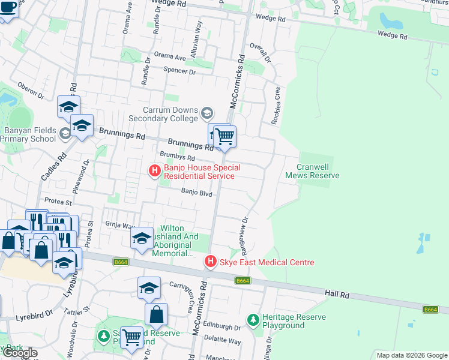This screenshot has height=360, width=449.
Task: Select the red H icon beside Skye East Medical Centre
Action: point(210,262)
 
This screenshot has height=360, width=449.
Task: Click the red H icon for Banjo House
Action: point(154,171)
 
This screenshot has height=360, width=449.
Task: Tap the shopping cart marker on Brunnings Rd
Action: point(224,137)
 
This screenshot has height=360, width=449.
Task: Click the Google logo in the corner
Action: point(20,353)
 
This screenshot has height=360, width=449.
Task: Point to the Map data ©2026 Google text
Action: point(411,355)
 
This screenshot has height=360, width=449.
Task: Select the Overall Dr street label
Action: point(262,51)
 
